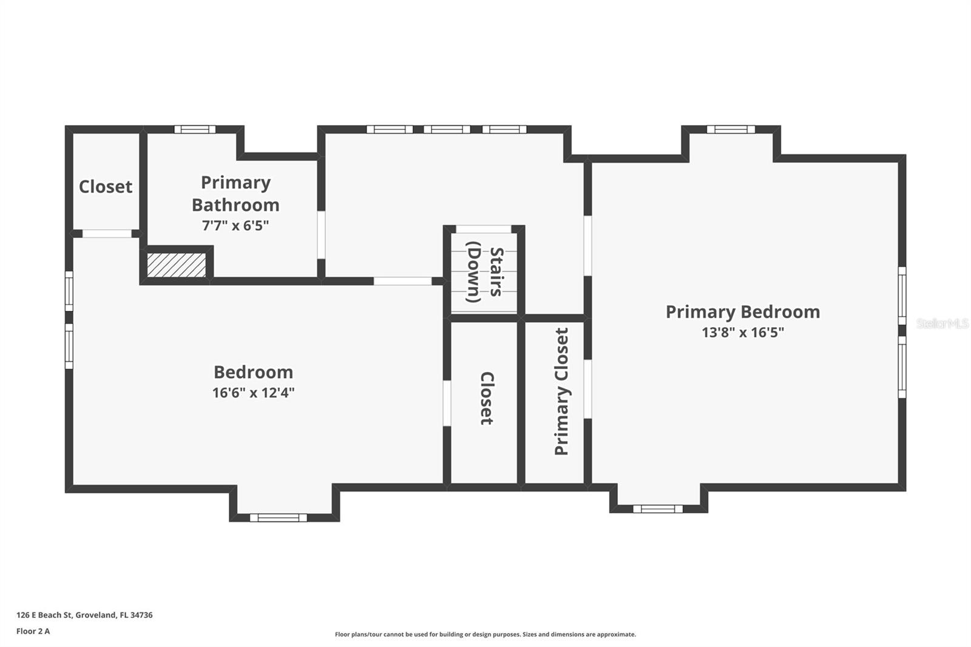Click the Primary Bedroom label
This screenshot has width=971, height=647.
click(x=742, y=312)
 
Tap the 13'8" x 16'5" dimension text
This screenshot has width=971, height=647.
click(x=742, y=333)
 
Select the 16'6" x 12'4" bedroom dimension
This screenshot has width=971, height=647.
click(x=253, y=393)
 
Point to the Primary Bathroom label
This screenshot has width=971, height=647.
click(x=235, y=194)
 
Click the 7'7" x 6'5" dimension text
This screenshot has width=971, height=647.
click(x=235, y=226)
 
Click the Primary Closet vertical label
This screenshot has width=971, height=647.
click(x=561, y=391)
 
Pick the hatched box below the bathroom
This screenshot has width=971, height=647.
click(x=176, y=265)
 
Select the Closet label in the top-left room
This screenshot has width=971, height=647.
click(x=106, y=186)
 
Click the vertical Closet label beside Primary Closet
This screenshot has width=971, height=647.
click(x=487, y=398)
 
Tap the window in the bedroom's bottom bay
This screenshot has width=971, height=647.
click(x=279, y=518)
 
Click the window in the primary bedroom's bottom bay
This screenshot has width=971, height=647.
click(x=658, y=509)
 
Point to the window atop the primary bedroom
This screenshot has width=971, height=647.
click(x=731, y=129)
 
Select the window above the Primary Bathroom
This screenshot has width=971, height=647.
click(x=195, y=129)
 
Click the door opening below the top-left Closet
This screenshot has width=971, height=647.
click(x=107, y=234)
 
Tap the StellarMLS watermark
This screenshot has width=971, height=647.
click(x=942, y=323)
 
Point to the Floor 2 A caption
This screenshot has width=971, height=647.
click(x=33, y=631)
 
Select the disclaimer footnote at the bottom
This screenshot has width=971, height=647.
click(x=486, y=634)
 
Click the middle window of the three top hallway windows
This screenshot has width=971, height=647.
click(x=447, y=129)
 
